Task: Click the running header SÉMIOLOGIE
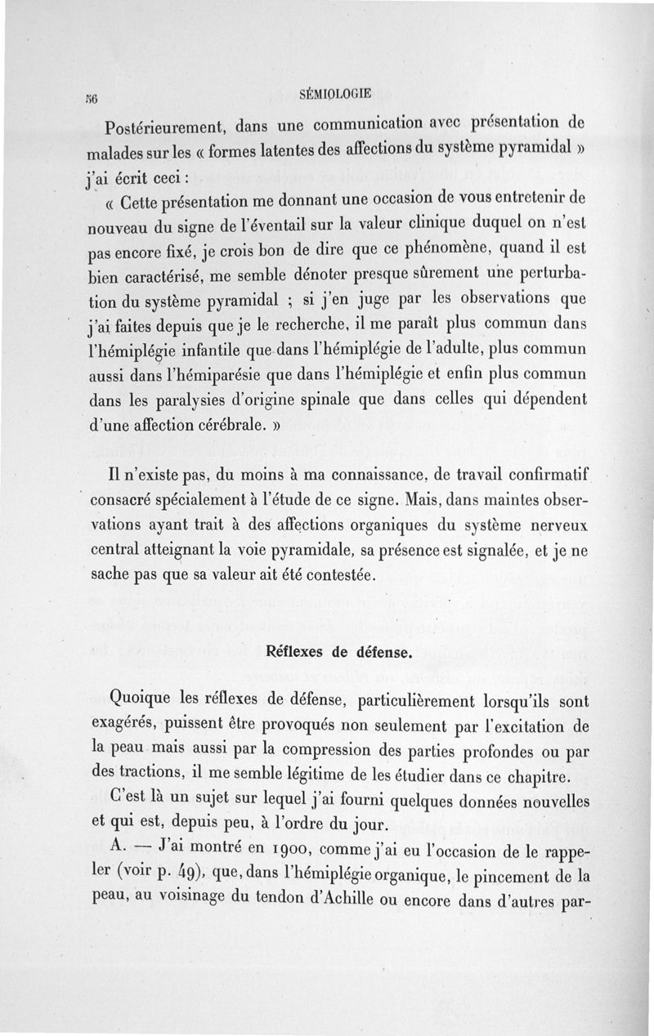[335, 93]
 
